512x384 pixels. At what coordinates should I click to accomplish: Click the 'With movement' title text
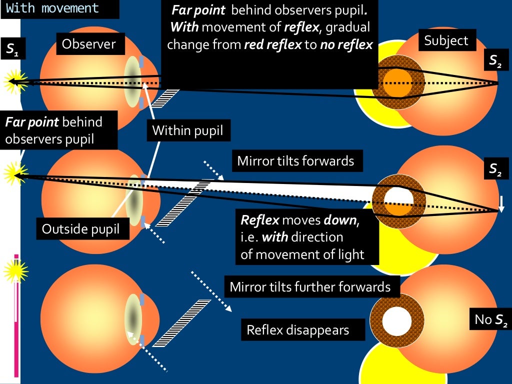tap(52, 8)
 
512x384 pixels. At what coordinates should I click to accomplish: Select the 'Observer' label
tap(88, 44)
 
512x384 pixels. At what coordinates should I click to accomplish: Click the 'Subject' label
tap(446, 40)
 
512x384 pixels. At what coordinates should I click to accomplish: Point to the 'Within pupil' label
tap(187, 131)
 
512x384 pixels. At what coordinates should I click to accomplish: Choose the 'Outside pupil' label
tap(80, 229)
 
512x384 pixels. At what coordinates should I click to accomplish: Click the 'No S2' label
tap(490, 319)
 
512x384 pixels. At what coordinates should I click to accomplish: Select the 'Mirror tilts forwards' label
tap(295, 161)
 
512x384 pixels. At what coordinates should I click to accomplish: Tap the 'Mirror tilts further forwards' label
tap(310, 287)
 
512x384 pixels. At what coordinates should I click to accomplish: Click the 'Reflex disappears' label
tap(298, 330)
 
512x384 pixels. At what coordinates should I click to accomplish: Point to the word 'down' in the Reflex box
tap(340, 220)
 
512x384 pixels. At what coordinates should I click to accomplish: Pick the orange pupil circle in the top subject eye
tap(397, 83)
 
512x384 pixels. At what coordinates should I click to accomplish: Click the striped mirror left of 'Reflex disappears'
tap(181, 323)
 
